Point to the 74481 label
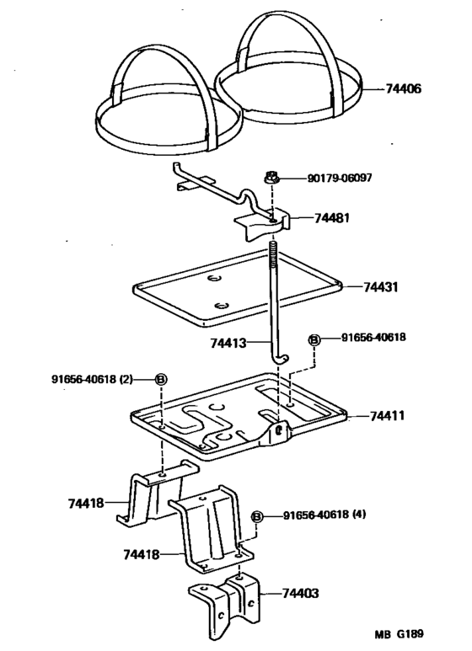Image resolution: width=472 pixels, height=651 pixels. [x=333, y=216]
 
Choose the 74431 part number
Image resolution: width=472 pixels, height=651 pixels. [x=380, y=287]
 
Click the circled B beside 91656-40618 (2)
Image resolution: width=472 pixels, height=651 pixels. [x=161, y=379]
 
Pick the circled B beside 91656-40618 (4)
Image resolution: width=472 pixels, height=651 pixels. [x=258, y=516]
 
